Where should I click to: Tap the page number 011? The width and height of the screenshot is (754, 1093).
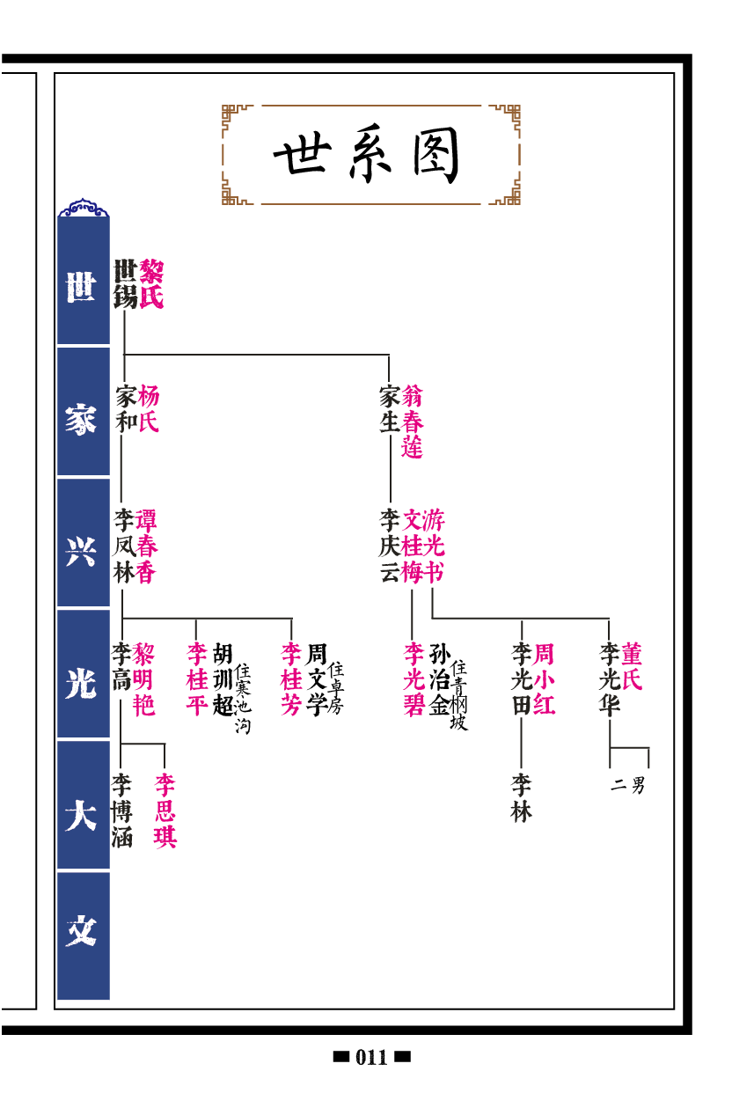[x=371, y=1058]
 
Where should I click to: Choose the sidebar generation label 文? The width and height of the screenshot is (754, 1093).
[x=82, y=932]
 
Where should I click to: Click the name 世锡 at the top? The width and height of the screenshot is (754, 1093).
[x=125, y=284]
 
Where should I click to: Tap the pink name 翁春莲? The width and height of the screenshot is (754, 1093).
[x=413, y=422]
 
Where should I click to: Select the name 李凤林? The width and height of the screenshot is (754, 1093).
[x=122, y=546]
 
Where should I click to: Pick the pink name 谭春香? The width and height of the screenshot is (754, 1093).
[x=146, y=546]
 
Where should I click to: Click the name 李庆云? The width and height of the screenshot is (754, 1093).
[x=390, y=546]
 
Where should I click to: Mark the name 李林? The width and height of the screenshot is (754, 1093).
[x=521, y=798]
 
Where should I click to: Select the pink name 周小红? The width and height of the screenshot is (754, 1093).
[x=545, y=679]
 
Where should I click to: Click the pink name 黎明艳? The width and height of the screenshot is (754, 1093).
[x=144, y=679]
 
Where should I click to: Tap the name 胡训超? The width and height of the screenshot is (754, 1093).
[x=223, y=679]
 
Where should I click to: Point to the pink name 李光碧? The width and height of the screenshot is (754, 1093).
[x=414, y=679]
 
